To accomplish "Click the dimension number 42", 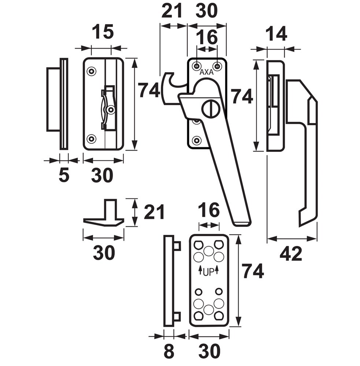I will pos(291,254).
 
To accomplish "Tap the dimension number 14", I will pos(276,35).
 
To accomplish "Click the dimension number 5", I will pos(64,176).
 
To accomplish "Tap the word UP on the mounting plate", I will pos(208,271).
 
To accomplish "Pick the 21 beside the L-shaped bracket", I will pos(154,212).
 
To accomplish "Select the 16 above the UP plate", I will pos(209,210).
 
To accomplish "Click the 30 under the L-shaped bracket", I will pos(104,253).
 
